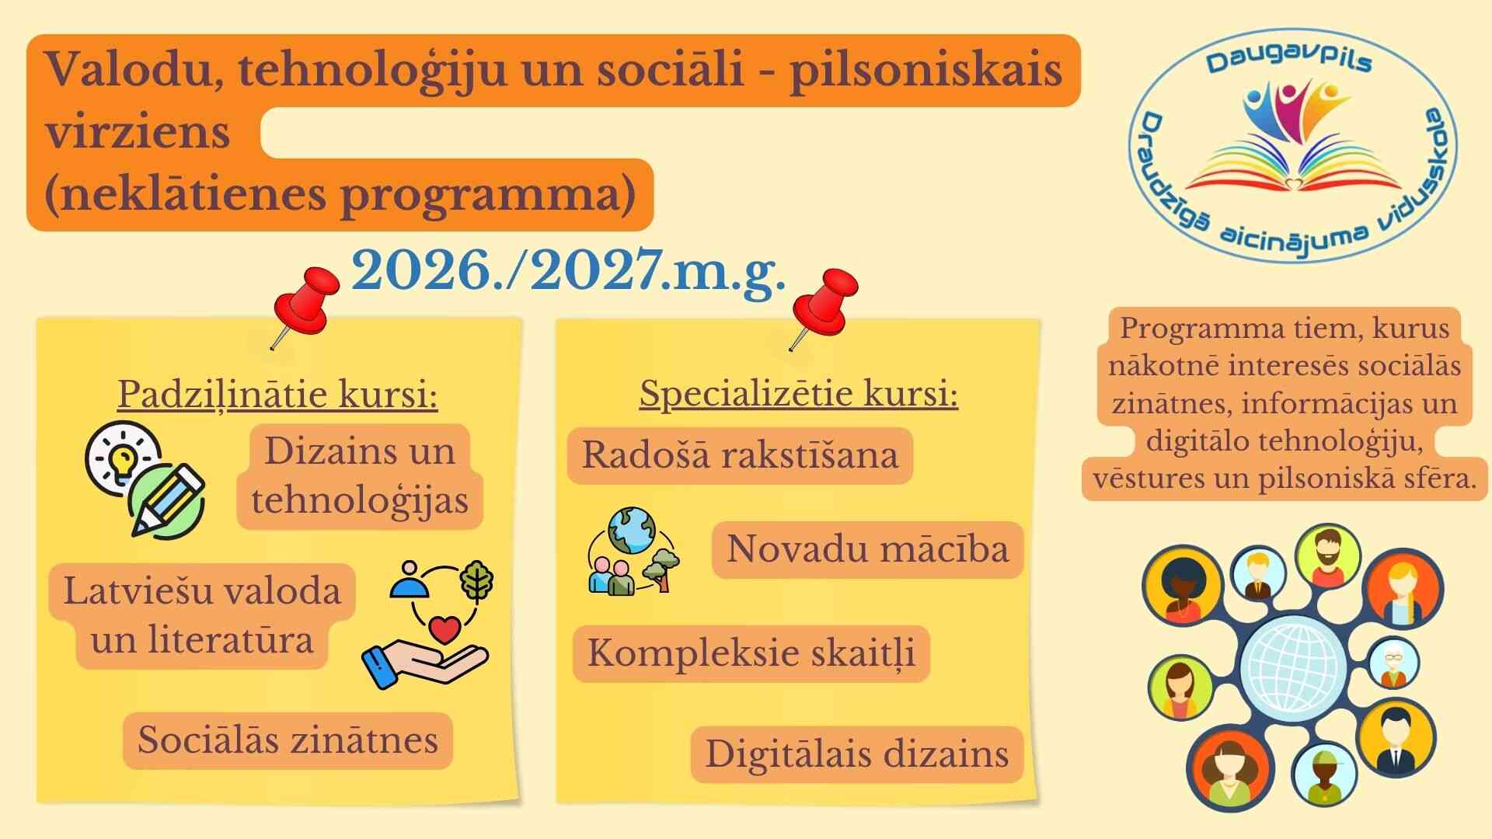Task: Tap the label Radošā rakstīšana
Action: (740, 455)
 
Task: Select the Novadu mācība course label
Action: (867, 549)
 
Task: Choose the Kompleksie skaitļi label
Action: (751, 653)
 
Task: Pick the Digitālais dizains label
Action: (857, 754)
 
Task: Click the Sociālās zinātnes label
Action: (288, 740)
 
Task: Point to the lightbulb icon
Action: (123, 458)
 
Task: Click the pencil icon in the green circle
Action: (166, 500)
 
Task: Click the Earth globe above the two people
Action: (632, 530)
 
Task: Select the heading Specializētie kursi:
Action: (799, 394)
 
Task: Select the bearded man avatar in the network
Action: (1328, 556)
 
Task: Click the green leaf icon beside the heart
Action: (477, 581)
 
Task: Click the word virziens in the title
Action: (138, 131)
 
